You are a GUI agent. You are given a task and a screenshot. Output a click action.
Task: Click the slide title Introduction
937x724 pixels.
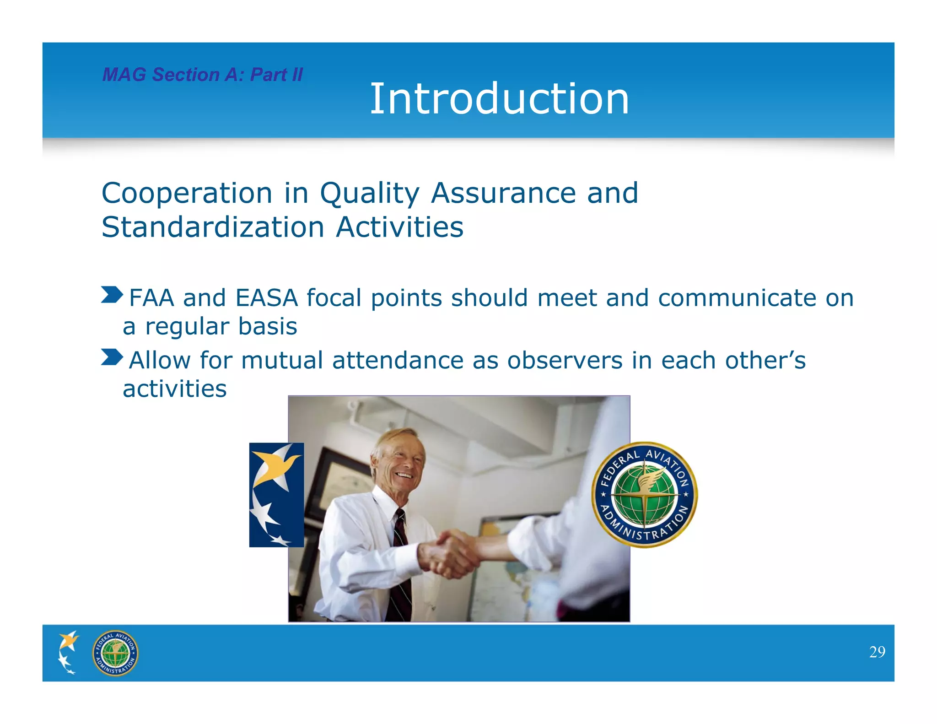(x=499, y=99)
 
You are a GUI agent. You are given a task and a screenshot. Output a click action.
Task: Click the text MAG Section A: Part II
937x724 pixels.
(x=202, y=75)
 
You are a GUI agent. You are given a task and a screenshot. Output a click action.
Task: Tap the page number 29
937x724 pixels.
(x=877, y=652)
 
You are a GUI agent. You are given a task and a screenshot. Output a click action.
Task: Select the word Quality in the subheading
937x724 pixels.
(x=369, y=193)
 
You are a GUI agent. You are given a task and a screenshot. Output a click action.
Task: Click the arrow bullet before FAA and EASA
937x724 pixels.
(x=112, y=295)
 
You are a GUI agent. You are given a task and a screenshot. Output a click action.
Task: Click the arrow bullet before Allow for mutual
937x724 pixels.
(x=112, y=357)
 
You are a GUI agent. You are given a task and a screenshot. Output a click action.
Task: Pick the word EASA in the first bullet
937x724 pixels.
(x=266, y=298)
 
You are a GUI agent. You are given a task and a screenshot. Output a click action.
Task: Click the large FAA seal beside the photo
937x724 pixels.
(x=644, y=495)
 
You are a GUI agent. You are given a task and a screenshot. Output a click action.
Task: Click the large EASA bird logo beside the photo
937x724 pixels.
(x=276, y=494)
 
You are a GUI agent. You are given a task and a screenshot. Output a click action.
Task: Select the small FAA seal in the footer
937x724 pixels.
(x=115, y=653)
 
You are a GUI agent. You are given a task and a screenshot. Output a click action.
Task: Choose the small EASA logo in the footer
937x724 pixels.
(x=68, y=652)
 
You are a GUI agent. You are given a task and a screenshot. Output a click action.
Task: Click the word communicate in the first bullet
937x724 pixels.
(x=737, y=298)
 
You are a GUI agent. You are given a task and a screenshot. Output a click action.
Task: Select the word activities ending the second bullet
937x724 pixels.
(x=175, y=389)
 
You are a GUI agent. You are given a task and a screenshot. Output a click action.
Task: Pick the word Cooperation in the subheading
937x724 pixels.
(x=187, y=193)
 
